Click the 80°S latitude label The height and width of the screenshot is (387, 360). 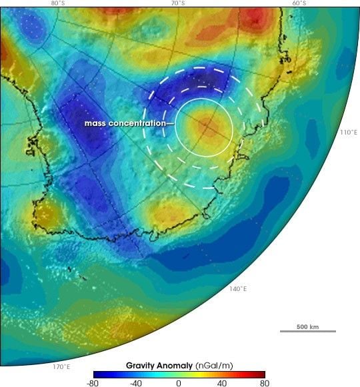[x=58, y=3]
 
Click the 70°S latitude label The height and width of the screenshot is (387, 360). [x=178, y=3]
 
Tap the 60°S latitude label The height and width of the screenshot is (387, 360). [x=299, y=3]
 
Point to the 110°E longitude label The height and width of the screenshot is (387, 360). [x=349, y=133]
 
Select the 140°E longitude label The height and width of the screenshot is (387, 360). [x=238, y=289]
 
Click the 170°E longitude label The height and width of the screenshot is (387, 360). [x=61, y=366]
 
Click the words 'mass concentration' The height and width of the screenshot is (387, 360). [x=125, y=124]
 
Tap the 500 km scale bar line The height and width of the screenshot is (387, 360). [x=307, y=331]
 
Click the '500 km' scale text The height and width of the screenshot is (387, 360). [x=307, y=326]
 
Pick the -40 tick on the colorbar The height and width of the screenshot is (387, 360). [x=136, y=382]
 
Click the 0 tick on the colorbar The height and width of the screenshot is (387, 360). [x=179, y=382]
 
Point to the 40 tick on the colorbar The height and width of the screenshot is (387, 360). [x=221, y=382]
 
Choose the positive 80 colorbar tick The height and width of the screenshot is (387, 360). [x=264, y=382]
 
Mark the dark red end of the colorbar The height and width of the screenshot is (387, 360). [x=262, y=374]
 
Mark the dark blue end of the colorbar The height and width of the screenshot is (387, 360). [x=96, y=374]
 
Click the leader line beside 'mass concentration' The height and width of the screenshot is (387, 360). [x=171, y=125]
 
